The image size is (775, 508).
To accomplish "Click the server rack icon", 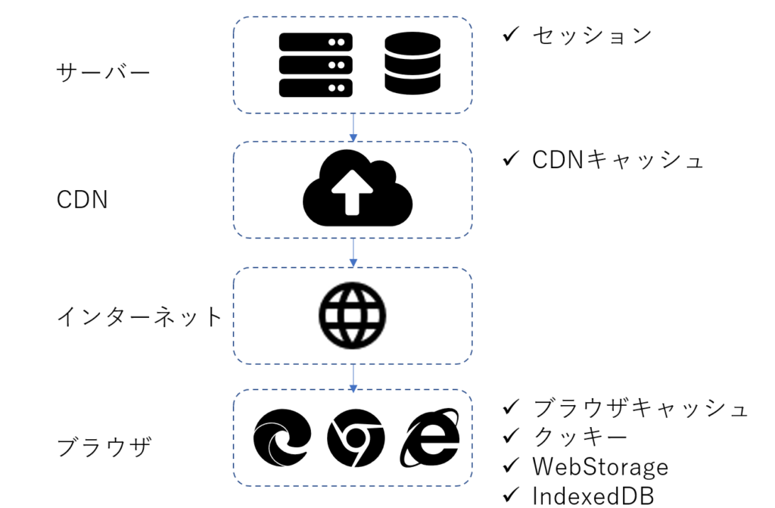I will click(316, 65).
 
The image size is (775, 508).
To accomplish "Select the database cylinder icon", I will click(412, 65).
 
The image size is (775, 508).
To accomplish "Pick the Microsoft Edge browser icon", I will click(282, 438).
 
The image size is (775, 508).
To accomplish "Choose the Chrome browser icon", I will click(356, 438).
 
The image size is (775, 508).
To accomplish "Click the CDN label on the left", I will click(82, 200).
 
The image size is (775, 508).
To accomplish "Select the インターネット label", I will click(140, 316).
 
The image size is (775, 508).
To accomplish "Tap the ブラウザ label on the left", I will click(104, 447).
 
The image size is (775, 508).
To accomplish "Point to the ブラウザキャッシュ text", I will click(640, 408).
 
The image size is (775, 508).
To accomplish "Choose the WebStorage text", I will click(600, 466).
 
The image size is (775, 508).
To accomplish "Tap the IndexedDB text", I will click(593, 494).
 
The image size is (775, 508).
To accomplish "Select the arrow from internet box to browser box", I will click(353, 376).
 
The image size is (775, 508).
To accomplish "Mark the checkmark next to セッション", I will click(511, 34).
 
